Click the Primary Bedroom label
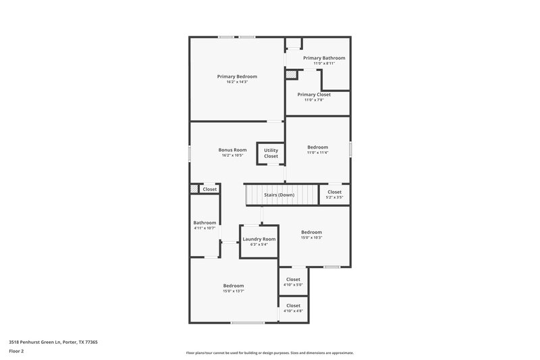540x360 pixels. [237, 76]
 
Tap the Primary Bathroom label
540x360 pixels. [324, 58]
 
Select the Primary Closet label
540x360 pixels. [314, 95]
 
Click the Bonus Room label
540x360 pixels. [232, 150]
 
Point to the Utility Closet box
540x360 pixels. [271, 153]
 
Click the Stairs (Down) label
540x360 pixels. [279, 195]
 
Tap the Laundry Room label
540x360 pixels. [259, 239]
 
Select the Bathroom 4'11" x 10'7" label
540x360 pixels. [205, 223]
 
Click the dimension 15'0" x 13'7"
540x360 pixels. [233, 291]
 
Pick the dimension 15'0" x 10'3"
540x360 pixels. [311, 238]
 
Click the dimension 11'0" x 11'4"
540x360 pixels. [317, 153]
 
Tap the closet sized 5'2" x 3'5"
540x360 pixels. [334, 195]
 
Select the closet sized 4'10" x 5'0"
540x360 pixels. [293, 282]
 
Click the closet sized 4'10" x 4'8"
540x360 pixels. [293, 308]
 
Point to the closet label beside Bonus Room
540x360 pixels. [210, 189]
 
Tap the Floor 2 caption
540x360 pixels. [16, 351]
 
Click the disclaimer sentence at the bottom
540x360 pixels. [269, 353]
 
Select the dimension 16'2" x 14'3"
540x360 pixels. [237, 82]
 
